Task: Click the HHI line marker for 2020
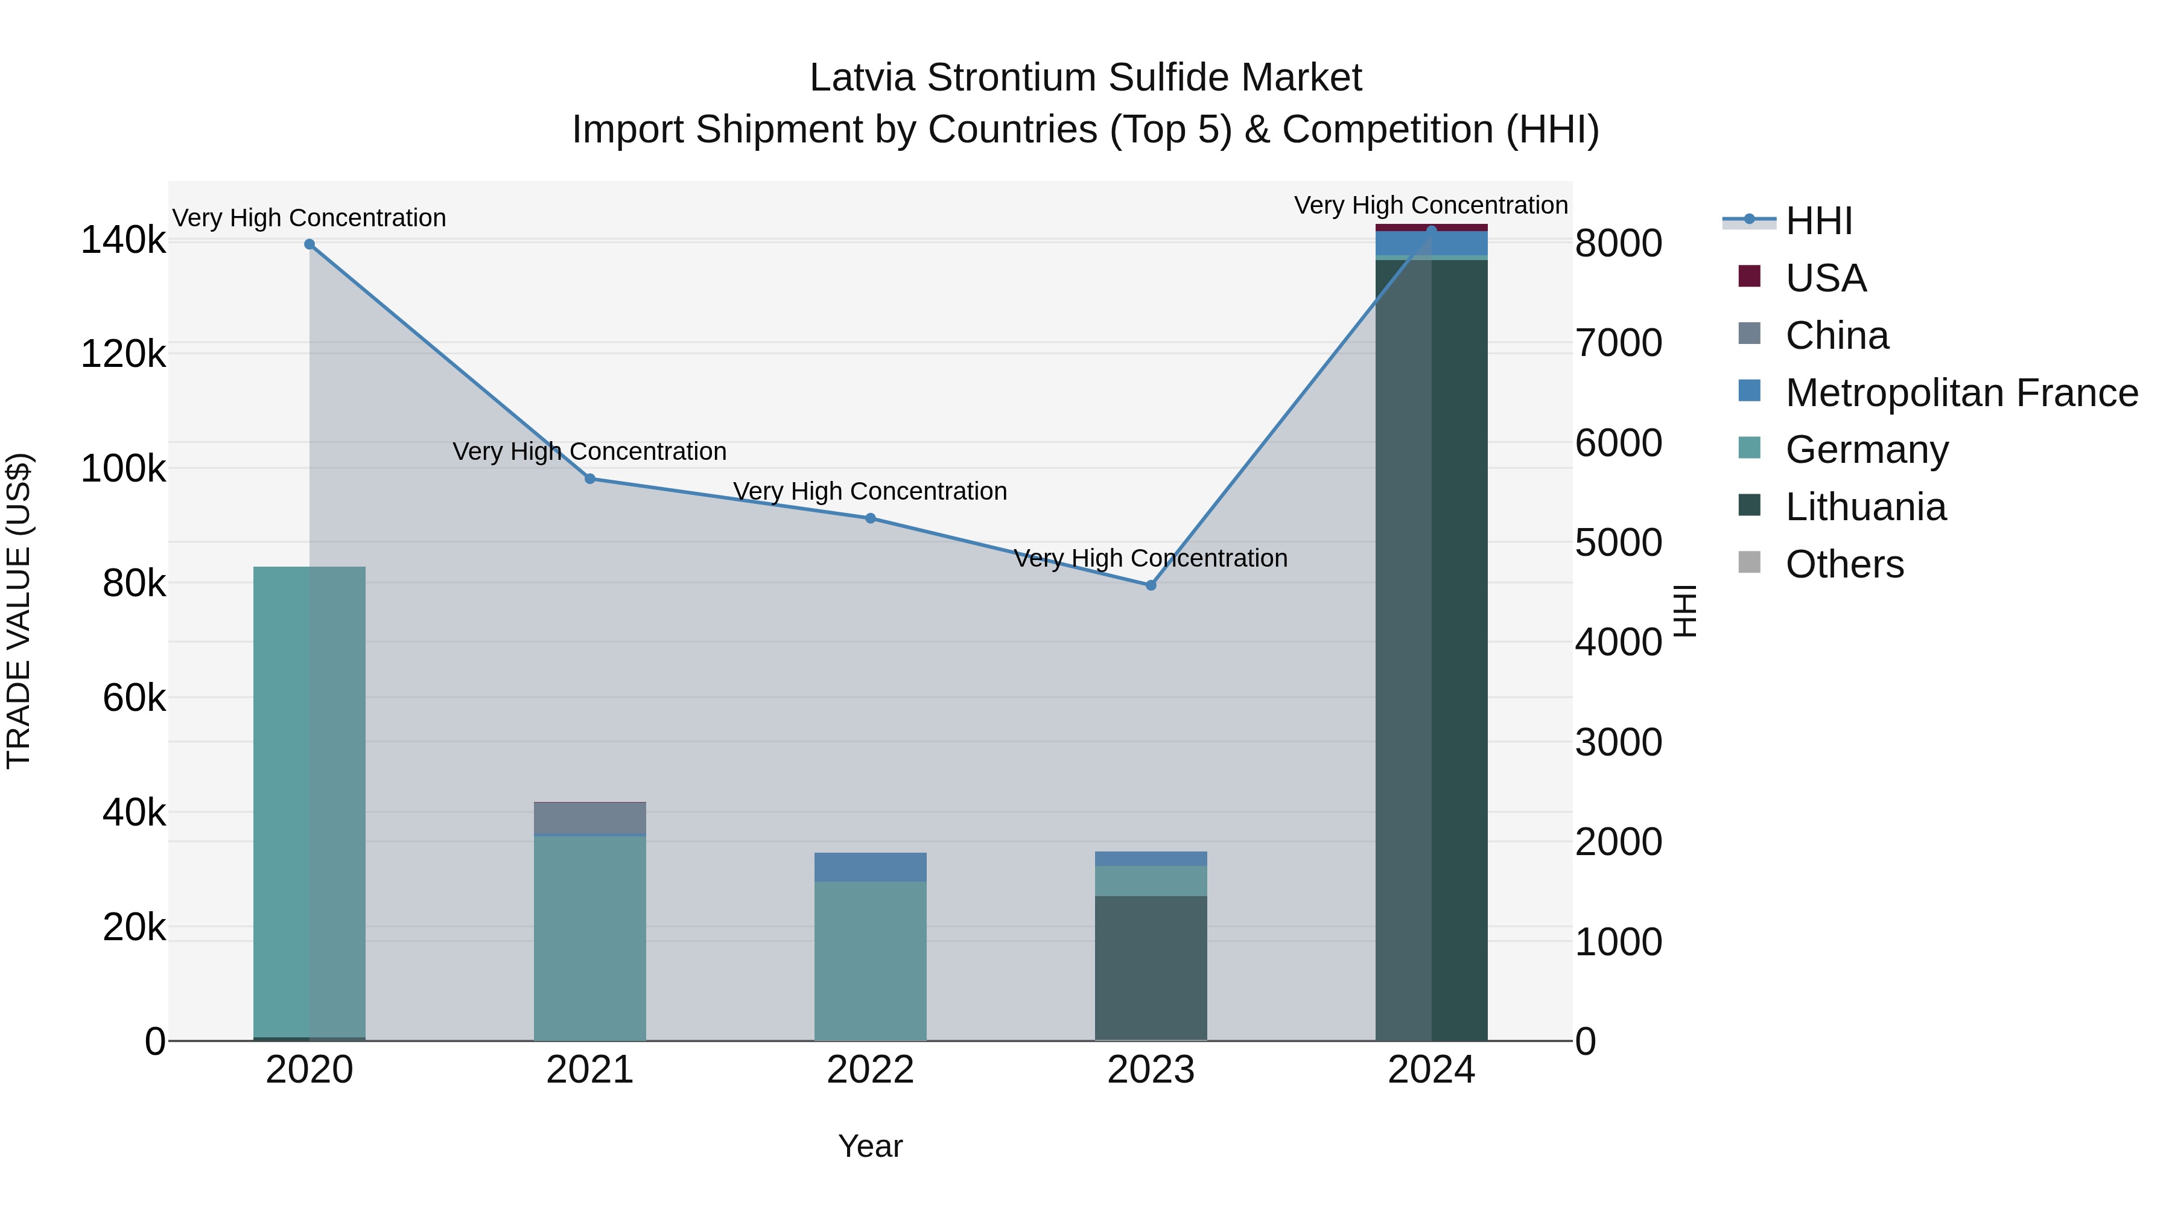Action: point(310,244)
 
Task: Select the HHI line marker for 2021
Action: point(590,479)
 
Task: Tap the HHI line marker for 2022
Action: point(870,518)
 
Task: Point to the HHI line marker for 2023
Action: point(1151,585)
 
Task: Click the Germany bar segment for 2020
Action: point(310,801)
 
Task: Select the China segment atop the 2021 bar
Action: point(590,818)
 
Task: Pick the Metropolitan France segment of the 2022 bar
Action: point(870,867)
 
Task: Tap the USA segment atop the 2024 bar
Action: point(1431,228)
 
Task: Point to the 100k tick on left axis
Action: point(123,469)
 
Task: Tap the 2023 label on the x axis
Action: point(1151,1070)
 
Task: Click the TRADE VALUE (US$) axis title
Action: point(19,611)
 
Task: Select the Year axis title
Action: point(870,1146)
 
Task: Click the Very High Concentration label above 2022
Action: point(870,491)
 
